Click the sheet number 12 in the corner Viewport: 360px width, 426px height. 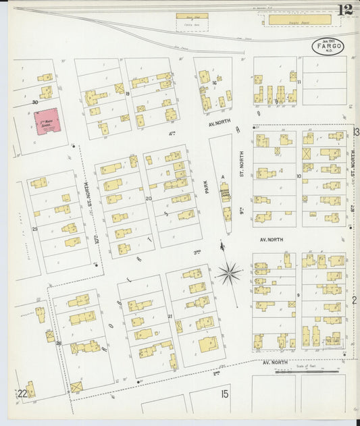[x=344, y=10]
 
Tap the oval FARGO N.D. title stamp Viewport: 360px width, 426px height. [x=328, y=47]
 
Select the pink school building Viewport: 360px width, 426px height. [x=46, y=122]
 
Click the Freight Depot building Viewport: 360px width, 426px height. [x=299, y=20]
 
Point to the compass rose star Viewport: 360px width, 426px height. [x=229, y=273]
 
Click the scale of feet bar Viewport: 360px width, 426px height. [x=311, y=370]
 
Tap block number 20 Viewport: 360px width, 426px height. [x=149, y=198]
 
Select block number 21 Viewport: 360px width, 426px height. [x=170, y=316]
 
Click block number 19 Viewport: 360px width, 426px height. [x=127, y=94]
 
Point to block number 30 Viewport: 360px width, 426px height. [x=34, y=103]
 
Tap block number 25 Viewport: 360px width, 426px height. [x=34, y=229]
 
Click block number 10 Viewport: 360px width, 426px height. [x=298, y=176]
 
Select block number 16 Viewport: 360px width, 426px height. [x=215, y=83]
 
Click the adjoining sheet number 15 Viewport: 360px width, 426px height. [x=224, y=394]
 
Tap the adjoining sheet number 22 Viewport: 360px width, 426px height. [x=22, y=394]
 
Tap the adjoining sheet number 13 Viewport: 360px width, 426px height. [x=355, y=132]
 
